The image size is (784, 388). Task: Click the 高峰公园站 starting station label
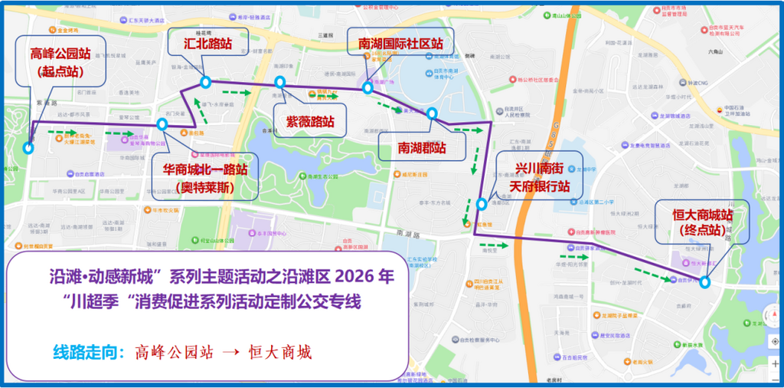point(57,62)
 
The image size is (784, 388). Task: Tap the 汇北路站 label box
point(207,44)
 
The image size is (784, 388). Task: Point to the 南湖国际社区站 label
point(400,44)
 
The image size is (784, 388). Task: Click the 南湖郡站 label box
point(422,147)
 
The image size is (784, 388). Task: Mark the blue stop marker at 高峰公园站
point(28,149)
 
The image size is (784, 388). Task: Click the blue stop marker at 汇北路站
point(205,82)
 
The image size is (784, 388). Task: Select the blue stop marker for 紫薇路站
point(280,82)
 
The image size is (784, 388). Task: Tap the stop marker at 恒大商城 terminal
point(704,281)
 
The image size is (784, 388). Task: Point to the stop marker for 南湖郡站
point(432,114)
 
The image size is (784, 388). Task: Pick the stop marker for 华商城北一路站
point(162,124)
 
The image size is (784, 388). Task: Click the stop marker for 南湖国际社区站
point(368,87)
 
